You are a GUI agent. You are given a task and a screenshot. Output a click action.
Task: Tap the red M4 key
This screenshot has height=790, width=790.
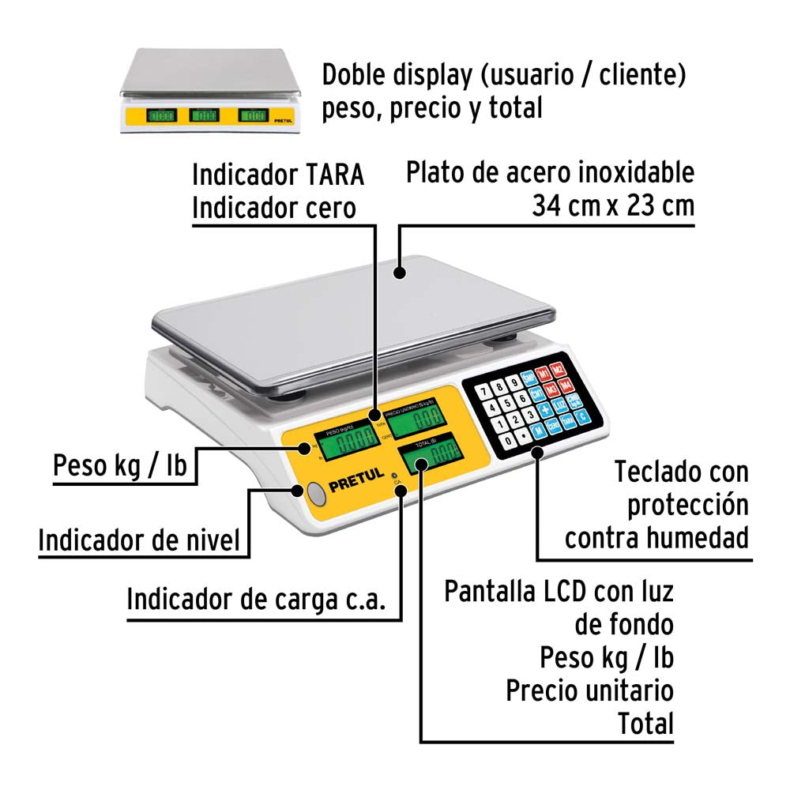pyautogui.click(x=565, y=385)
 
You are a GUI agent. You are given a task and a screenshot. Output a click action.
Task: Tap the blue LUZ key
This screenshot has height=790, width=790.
pyautogui.click(x=560, y=405)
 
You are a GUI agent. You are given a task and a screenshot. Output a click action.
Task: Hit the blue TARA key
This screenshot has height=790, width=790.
pyautogui.click(x=567, y=423)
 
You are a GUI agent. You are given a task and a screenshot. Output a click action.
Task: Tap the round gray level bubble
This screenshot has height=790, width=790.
pyautogui.click(x=316, y=495)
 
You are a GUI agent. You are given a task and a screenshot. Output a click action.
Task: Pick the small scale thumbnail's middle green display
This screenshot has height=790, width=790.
pyautogui.click(x=204, y=116)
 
